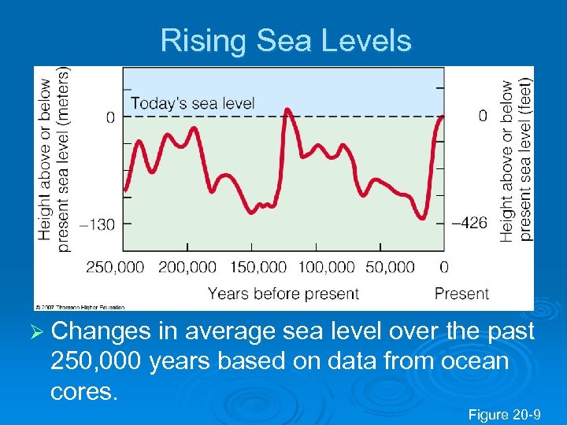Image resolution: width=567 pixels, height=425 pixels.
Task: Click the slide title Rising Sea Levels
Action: (286, 40)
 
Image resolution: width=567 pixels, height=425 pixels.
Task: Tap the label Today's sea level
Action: (192, 103)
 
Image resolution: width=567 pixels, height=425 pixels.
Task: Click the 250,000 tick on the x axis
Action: (115, 268)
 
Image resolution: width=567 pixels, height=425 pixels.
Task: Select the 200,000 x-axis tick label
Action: (187, 268)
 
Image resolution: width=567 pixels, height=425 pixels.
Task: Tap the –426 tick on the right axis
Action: (470, 224)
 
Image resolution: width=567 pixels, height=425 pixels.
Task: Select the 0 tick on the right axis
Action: (483, 116)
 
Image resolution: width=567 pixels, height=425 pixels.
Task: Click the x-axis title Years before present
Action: (283, 294)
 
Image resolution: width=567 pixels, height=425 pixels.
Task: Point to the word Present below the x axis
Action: (461, 294)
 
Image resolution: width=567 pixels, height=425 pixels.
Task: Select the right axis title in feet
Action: (517, 157)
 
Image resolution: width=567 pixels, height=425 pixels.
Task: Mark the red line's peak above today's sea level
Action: (288, 109)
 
